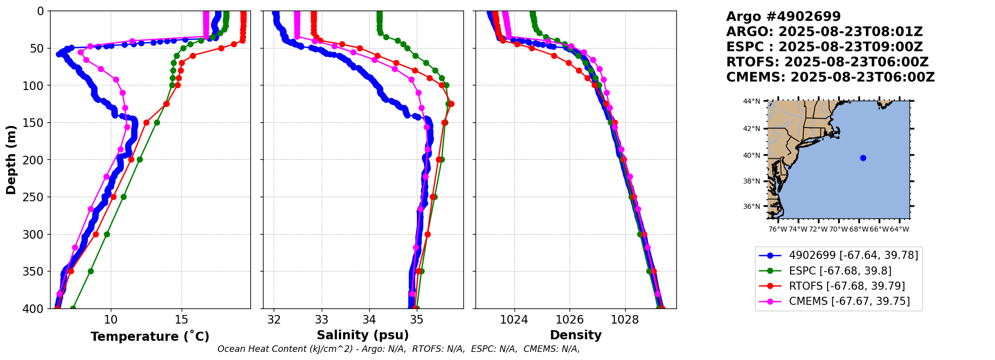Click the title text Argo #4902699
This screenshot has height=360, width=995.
pyautogui.click(x=783, y=17)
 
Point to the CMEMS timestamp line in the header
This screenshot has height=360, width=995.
pyautogui.click(x=830, y=77)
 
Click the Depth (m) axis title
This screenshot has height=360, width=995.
pyautogui.click(x=11, y=159)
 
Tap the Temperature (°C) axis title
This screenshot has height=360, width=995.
pyautogui.click(x=150, y=336)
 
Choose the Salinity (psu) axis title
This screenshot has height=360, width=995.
pyautogui.click(x=363, y=335)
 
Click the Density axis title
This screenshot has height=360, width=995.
pyautogui.click(x=576, y=335)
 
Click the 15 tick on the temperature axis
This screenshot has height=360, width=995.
pyautogui.click(x=181, y=320)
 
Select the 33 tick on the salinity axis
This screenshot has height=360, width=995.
pyautogui.click(x=322, y=320)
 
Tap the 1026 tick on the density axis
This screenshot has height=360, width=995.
pyautogui.click(x=570, y=320)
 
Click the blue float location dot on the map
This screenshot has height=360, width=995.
pyautogui.click(x=863, y=158)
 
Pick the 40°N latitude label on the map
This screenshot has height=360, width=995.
pyautogui.click(x=751, y=155)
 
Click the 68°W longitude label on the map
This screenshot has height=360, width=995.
pyautogui.click(x=858, y=229)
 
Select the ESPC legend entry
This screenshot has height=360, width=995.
pyautogui.click(x=840, y=271)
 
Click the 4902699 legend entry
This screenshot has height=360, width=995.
pyautogui.click(x=853, y=255)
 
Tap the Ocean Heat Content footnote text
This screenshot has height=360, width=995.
pyautogui.click(x=398, y=349)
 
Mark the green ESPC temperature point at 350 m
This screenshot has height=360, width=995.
pyautogui.click(x=91, y=271)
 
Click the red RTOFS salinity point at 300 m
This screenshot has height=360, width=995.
pyautogui.click(x=427, y=234)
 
